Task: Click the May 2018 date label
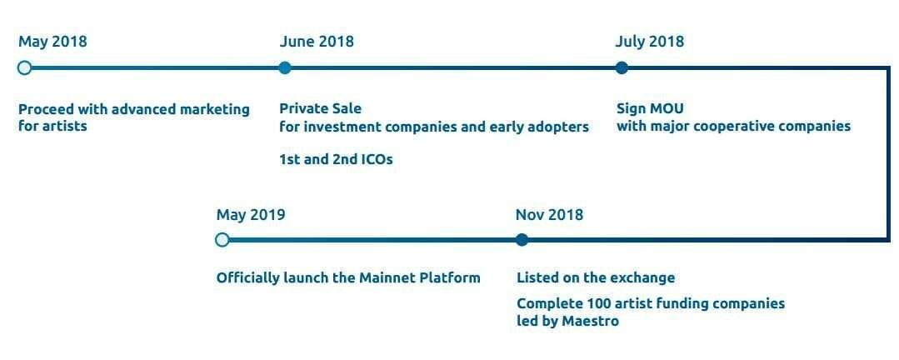click(52, 42)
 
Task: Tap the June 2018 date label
click(317, 42)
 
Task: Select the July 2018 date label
click(650, 42)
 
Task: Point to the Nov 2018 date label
click(549, 215)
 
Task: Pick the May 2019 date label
click(251, 215)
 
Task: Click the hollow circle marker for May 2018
click(24, 67)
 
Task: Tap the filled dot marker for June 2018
click(285, 67)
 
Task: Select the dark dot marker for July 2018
click(622, 67)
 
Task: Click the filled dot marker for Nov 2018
click(522, 240)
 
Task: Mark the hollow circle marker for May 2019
click(222, 240)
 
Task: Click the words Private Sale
click(321, 108)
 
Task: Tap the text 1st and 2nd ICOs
click(336, 159)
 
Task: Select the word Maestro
click(591, 321)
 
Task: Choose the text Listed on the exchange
click(596, 278)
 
